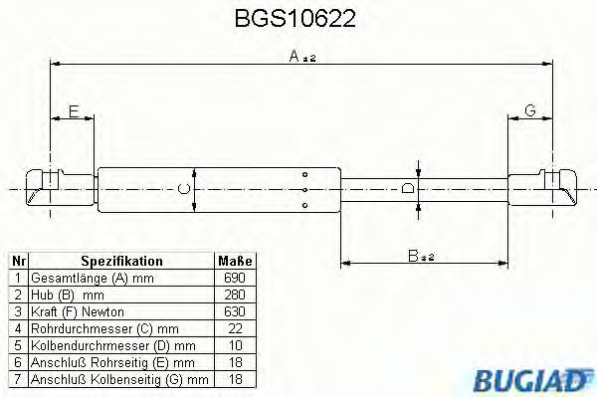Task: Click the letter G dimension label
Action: [x=530, y=110]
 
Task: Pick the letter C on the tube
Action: [x=182, y=187]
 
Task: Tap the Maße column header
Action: [x=236, y=261]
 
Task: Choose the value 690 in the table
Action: [x=236, y=278]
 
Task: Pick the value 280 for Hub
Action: [x=236, y=295]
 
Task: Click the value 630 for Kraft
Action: [x=236, y=311]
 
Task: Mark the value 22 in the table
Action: [x=236, y=328]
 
